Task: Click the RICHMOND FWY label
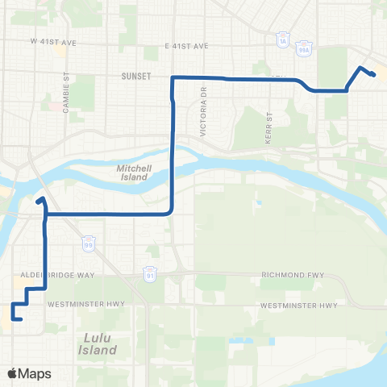point(292,275)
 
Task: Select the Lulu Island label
point(98,344)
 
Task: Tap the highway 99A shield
point(305,46)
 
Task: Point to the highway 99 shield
point(87,242)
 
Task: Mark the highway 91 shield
point(149,273)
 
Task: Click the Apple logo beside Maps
point(13,373)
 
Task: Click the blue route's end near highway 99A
point(375,75)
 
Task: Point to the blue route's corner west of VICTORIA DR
point(173,77)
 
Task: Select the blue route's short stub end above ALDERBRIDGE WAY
point(39,198)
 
